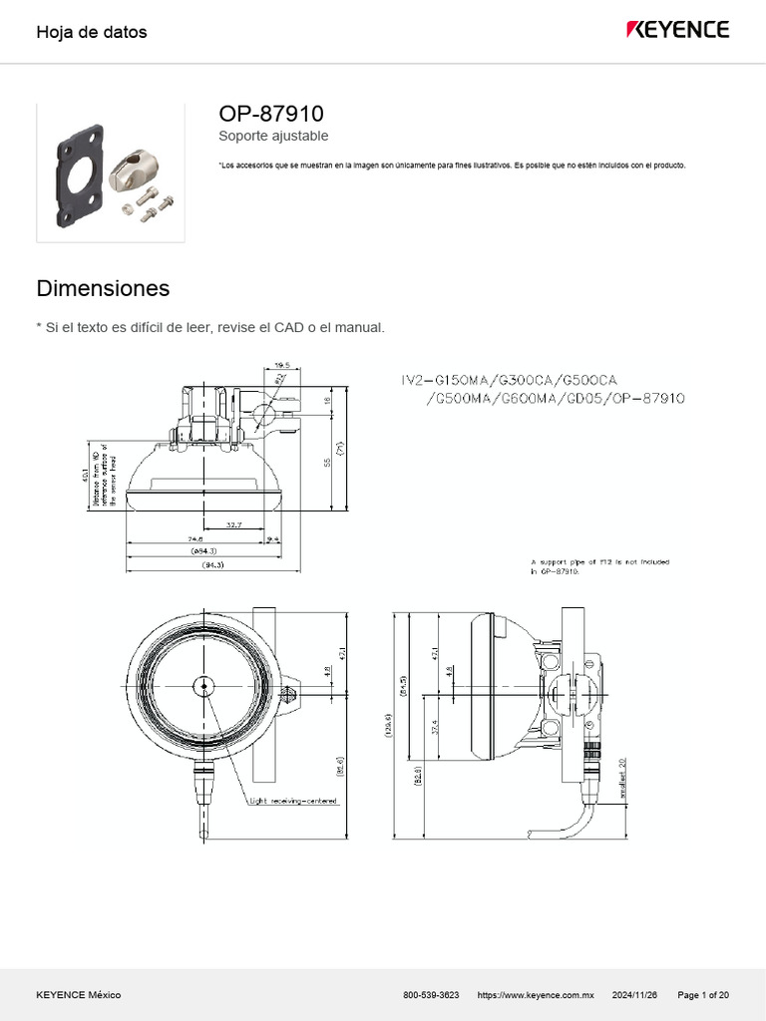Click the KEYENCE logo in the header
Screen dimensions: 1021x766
tap(677, 30)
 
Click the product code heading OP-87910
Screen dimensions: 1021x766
tap(270, 114)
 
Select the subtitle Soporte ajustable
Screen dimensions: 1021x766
tap(272, 136)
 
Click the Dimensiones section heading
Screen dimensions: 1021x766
tap(103, 289)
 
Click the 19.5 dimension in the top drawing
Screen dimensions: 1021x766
tap(281, 365)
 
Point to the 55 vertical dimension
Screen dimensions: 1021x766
tap(326, 462)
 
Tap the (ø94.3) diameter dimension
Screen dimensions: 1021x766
tap(203, 550)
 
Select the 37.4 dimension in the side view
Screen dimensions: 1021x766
tap(435, 727)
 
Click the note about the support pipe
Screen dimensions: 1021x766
tap(599, 566)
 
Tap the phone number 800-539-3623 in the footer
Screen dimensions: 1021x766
tap(431, 995)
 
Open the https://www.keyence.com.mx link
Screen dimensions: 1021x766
tap(536, 995)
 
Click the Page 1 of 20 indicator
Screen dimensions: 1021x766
tap(703, 995)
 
